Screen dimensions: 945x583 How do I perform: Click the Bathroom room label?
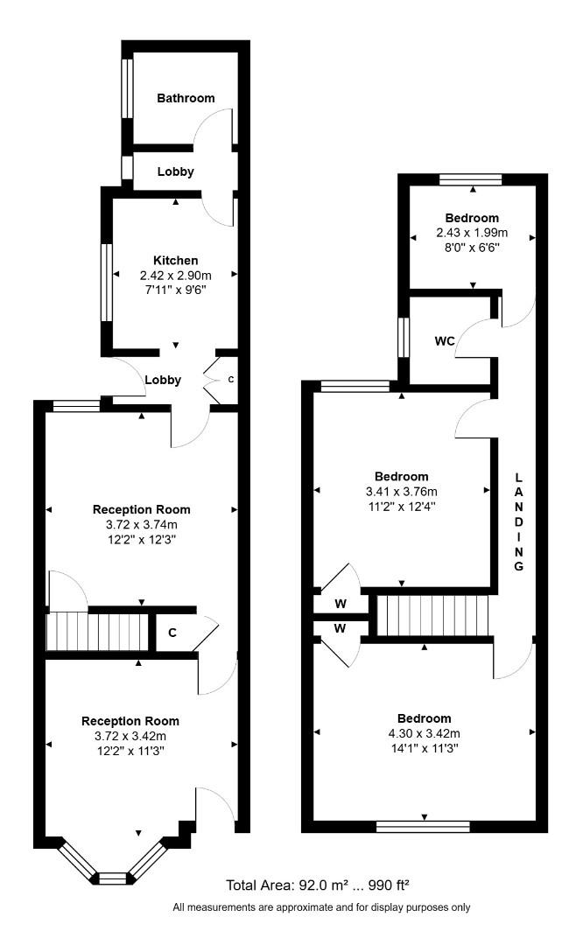[x=186, y=98]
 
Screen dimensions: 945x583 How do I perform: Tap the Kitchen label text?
[x=176, y=260]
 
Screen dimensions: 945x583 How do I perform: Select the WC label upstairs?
[x=444, y=341]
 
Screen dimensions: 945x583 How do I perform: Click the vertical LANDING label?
[x=518, y=521]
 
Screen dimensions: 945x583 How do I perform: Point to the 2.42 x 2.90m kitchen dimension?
[x=176, y=275]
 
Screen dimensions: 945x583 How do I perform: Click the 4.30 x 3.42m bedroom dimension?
[x=425, y=733]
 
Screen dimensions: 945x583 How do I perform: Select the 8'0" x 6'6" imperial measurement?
[x=472, y=248]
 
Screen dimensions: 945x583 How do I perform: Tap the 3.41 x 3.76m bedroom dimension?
[x=402, y=491]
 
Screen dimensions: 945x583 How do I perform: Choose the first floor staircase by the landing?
[x=432, y=615]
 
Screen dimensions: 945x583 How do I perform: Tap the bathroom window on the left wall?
[x=128, y=87]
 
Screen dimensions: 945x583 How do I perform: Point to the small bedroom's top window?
[x=471, y=179]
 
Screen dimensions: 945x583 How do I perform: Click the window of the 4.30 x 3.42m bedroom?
[x=423, y=825]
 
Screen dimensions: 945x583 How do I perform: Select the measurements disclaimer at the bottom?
[x=321, y=907]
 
